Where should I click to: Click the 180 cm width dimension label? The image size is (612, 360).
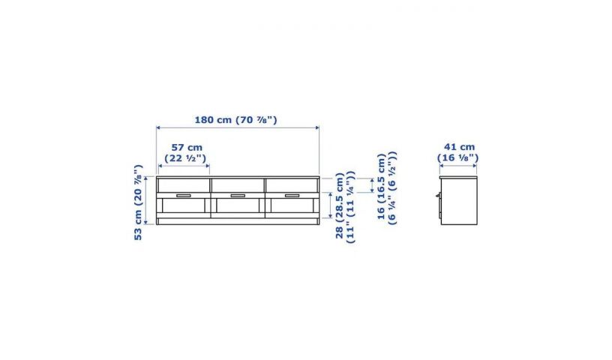click(x=235, y=120)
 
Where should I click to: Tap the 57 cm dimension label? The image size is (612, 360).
click(x=186, y=153)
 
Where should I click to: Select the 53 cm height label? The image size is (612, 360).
click(x=138, y=202)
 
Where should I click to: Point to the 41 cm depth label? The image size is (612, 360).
click(x=458, y=152)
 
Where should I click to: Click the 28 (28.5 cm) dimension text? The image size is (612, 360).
click(x=345, y=207)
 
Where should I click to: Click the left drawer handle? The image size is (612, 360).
click(x=184, y=196)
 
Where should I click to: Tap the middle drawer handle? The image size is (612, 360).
click(x=238, y=196)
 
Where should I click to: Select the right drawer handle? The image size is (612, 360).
click(x=292, y=196)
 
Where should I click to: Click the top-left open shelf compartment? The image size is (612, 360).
click(x=184, y=185)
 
